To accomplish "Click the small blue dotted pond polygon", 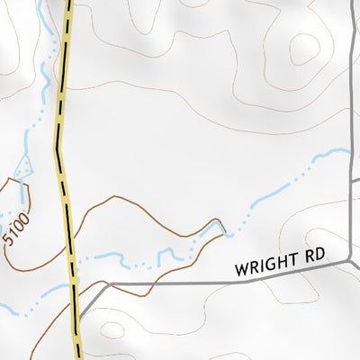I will [22, 167].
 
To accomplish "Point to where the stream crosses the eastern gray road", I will [349, 150].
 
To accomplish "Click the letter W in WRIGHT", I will [240, 269].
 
